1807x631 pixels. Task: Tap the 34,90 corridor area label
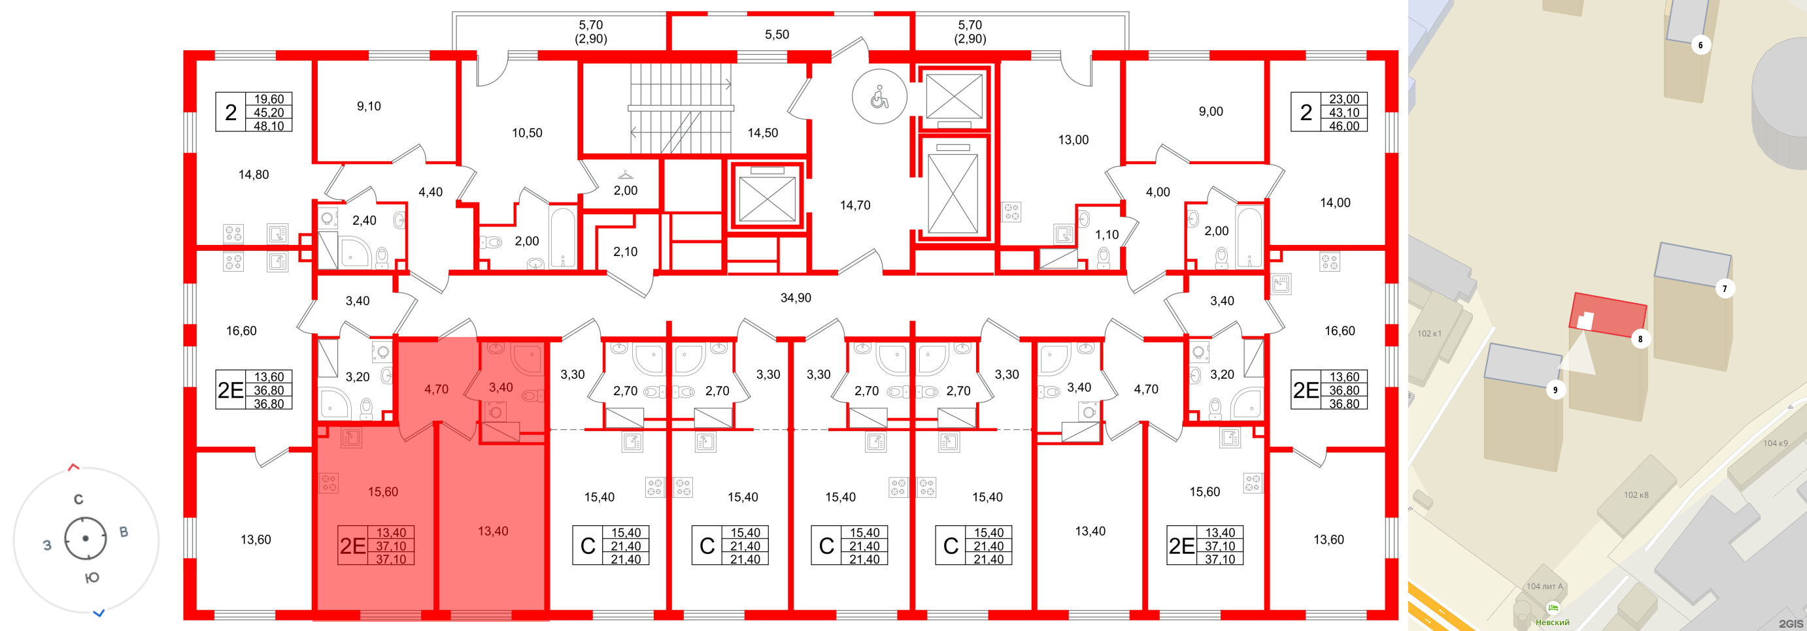click(796, 298)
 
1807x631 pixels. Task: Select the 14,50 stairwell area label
click(762, 133)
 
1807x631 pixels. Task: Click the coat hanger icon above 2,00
click(625, 174)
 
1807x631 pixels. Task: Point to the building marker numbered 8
click(1640, 338)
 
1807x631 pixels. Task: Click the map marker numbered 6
click(1700, 46)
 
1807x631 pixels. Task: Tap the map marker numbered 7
click(1725, 288)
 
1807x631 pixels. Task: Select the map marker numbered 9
click(1555, 390)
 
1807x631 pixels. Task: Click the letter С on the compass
click(78, 499)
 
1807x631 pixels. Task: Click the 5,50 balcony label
click(777, 35)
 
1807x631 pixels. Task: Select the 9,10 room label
click(368, 106)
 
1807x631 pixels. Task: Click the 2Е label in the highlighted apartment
click(353, 545)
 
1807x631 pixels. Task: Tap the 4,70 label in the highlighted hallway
click(435, 389)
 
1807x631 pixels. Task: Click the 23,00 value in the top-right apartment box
click(1343, 99)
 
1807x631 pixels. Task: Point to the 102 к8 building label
click(1636, 495)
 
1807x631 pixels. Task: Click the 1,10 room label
click(1107, 235)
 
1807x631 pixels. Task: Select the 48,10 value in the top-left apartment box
click(269, 126)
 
